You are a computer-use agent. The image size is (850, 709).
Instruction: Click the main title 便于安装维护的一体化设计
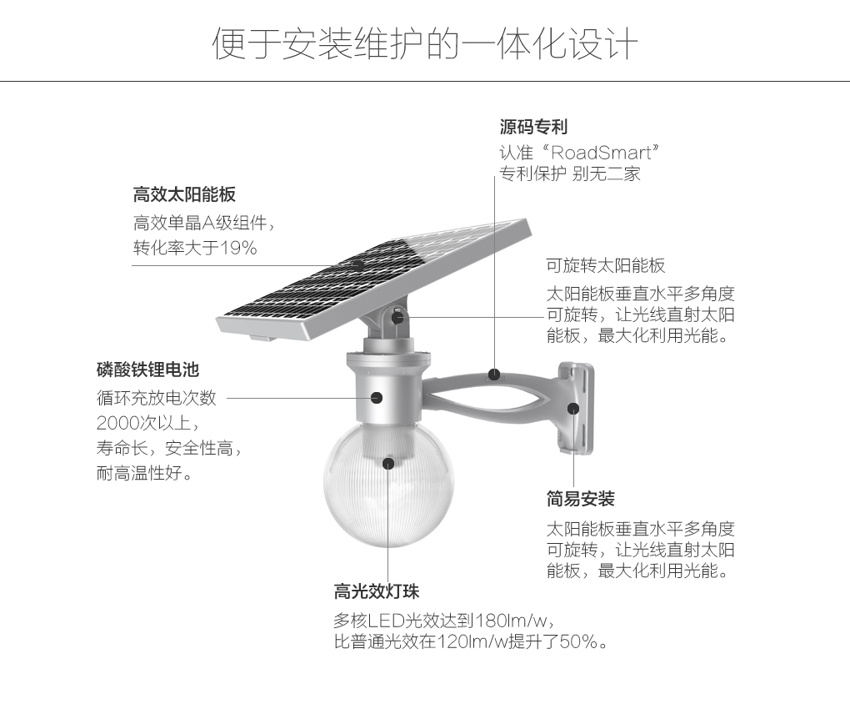(x=425, y=43)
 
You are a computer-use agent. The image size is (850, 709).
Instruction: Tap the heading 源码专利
(x=533, y=127)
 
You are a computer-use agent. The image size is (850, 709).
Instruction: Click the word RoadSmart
(x=601, y=153)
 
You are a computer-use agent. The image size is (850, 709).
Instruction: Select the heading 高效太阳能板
(x=184, y=194)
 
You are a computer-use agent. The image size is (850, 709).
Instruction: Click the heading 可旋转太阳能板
(x=606, y=265)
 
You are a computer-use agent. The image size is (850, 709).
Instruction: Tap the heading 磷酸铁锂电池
(x=148, y=370)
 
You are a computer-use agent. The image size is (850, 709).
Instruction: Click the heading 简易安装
(x=580, y=499)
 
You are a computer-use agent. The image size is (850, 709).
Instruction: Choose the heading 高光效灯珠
(x=376, y=591)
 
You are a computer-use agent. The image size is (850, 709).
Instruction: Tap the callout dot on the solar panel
(x=357, y=265)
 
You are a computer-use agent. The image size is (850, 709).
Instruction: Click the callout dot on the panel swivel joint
(x=397, y=317)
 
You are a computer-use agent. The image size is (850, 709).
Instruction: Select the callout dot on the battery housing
(x=376, y=398)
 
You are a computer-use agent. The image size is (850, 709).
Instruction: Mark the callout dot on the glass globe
(x=388, y=463)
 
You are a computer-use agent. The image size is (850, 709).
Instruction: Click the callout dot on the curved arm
(x=494, y=375)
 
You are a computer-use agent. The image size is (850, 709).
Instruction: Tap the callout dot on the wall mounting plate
(x=573, y=409)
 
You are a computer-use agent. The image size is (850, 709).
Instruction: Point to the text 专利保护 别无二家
(x=570, y=174)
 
